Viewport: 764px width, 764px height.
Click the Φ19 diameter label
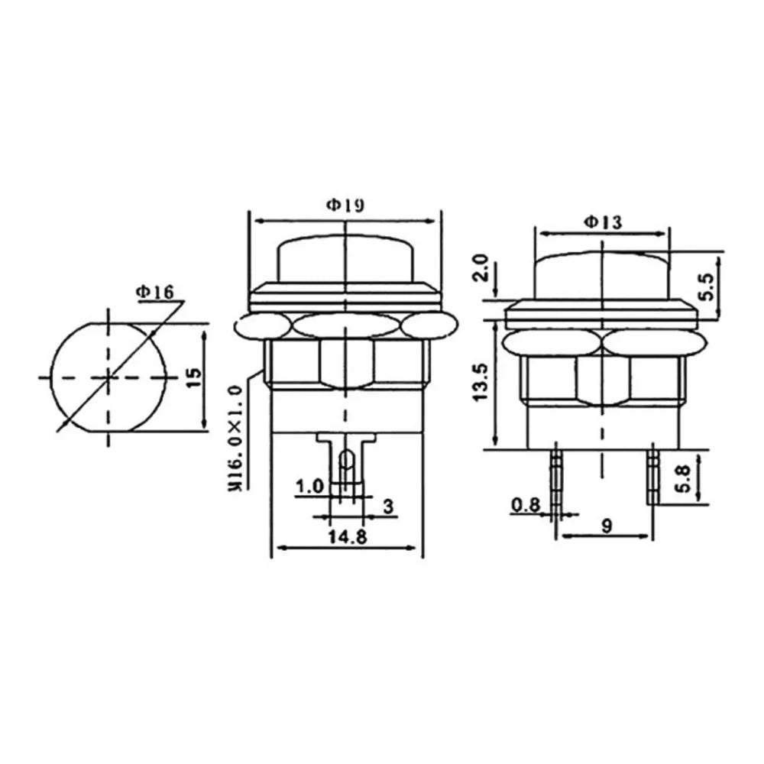point(345,206)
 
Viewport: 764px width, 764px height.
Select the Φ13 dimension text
point(603,222)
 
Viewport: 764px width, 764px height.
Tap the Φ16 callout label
point(155,292)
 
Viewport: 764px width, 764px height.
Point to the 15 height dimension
point(193,377)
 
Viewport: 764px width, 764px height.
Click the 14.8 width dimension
point(346,537)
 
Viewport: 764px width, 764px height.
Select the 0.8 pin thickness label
point(526,505)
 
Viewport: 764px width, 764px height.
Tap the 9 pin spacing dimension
point(607,526)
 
